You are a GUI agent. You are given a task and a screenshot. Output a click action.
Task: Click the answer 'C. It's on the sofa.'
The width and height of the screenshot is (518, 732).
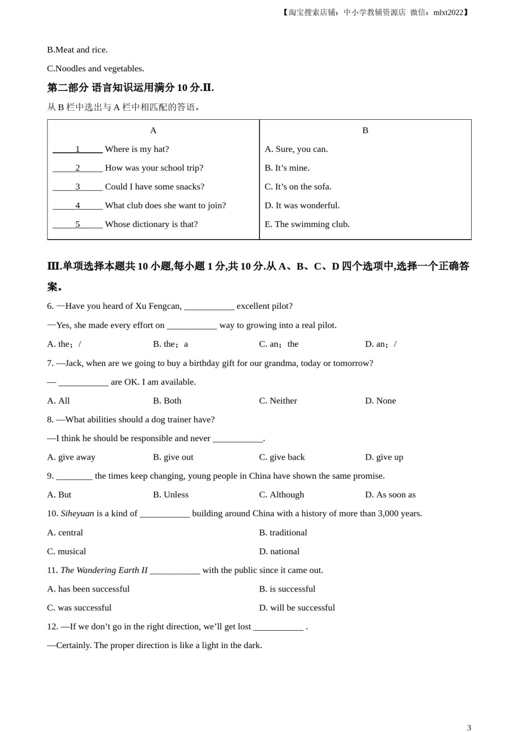coord(298,187)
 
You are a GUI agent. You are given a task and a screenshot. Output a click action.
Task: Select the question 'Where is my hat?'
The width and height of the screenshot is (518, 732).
coord(137,149)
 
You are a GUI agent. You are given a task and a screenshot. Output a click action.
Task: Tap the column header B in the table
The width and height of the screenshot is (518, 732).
coord(365,130)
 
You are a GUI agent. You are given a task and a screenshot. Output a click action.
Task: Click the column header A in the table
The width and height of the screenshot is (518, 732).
coord(153,130)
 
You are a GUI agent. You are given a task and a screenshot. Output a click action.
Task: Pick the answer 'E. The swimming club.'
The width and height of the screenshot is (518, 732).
coord(307,224)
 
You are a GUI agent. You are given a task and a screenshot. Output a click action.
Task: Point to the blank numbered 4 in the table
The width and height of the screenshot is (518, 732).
coord(77,205)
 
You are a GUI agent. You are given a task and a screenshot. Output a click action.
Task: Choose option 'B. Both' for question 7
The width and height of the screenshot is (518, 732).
coord(167,401)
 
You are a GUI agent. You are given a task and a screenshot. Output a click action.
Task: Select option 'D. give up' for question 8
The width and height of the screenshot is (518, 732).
coord(384,457)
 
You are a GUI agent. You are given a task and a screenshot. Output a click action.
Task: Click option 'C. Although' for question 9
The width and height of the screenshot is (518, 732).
coord(281,495)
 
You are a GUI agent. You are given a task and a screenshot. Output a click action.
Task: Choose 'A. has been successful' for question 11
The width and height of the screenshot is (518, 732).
coord(88,589)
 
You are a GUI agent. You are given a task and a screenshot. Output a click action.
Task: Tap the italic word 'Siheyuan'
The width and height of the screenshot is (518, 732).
coord(77,514)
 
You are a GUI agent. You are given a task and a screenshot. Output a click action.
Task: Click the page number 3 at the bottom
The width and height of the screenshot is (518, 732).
coord(469,728)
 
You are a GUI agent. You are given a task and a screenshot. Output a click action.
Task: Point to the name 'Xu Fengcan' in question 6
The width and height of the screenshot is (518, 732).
coord(158,306)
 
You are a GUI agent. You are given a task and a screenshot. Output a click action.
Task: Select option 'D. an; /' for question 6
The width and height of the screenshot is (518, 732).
coord(381,344)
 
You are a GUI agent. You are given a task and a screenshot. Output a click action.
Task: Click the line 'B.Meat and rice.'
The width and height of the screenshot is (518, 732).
coord(77,50)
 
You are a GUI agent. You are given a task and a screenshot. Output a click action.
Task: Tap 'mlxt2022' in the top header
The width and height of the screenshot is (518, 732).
coord(448,13)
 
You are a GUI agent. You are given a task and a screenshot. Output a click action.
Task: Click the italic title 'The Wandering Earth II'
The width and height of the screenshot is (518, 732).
coord(104,570)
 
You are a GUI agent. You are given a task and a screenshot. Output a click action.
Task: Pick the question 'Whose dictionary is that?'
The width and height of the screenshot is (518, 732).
coord(151,224)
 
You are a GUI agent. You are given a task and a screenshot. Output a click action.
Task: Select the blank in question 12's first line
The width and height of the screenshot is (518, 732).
coord(278,627)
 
